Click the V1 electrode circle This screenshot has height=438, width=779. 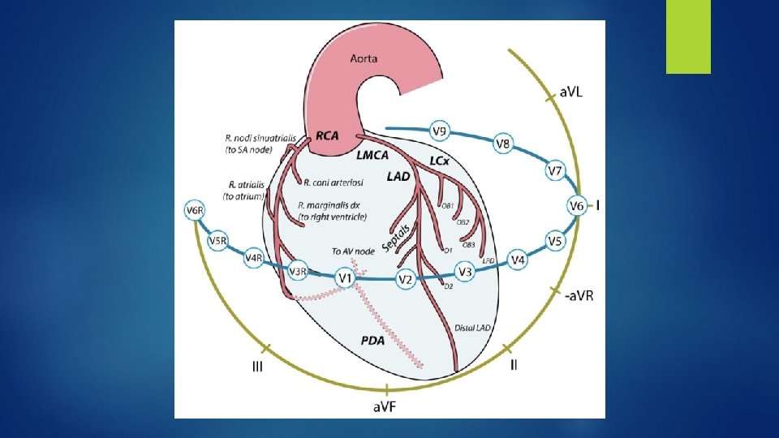[x=345, y=279]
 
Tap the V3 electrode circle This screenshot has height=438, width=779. [x=465, y=272]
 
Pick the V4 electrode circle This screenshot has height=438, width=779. [x=518, y=260]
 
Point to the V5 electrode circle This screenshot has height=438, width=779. [x=555, y=241]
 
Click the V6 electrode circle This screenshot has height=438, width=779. [x=576, y=206]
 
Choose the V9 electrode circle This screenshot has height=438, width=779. [x=440, y=130]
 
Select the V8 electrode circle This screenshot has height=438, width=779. [x=504, y=144]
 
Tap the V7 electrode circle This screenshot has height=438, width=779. [x=556, y=171]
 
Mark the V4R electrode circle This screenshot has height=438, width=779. [x=254, y=258]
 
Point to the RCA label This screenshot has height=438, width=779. [x=327, y=136]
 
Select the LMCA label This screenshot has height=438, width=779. [x=372, y=155]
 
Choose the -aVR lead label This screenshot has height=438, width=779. [x=579, y=296]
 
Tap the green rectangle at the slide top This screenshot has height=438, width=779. [x=688, y=36]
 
